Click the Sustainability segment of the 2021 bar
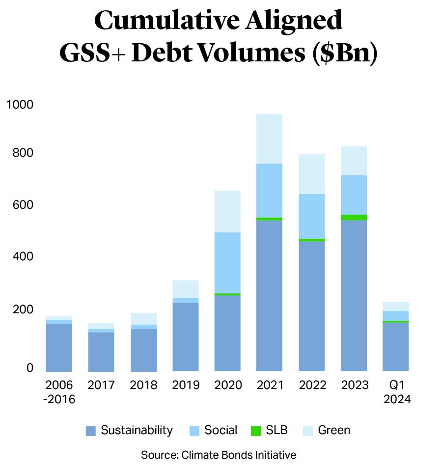[269, 295]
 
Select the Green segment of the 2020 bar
[227, 211]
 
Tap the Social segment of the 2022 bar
[311, 216]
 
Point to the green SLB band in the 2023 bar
[354, 217]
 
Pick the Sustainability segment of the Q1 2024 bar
[396, 346]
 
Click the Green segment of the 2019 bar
[185, 289]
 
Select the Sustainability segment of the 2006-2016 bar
[59, 347]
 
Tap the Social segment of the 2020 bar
[227, 262]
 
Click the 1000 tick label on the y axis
[19, 105]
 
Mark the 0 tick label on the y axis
[30, 368]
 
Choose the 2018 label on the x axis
[143, 385]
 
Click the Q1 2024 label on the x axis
[396, 392]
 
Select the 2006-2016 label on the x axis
[59, 392]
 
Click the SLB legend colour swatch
[255, 431]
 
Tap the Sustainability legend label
[137, 430]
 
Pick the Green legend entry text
[334, 430]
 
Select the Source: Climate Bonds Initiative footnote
[219, 455]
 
